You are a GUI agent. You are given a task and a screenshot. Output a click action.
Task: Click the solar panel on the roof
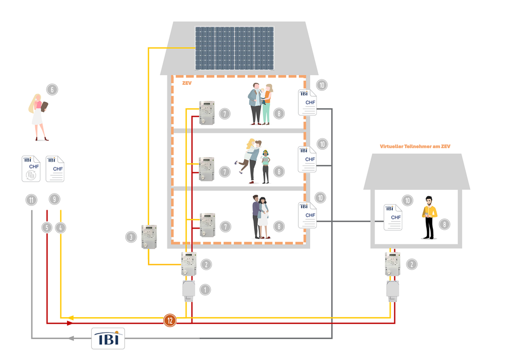point(235,48)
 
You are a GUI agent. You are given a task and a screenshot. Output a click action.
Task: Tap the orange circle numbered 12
point(170,320)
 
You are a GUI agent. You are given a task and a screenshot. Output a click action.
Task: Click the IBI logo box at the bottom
point(109,338)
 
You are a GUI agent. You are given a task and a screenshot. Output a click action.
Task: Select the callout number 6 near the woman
point(52,89)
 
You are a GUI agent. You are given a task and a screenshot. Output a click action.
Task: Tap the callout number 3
point(131,236)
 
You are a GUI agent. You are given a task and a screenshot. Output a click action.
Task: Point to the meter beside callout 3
point(149,237)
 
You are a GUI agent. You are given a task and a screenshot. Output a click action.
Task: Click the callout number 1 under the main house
point(205,289)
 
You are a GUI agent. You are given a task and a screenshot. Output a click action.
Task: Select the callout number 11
point(32,200)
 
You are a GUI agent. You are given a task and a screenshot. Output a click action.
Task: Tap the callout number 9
point(54,199)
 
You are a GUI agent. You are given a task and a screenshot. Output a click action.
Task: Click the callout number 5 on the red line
point(48,228)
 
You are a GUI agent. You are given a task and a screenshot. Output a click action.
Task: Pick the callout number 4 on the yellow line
point(61,228)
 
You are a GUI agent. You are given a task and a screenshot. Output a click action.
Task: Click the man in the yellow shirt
point(429,217)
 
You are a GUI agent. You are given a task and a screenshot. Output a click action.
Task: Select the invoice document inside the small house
point(393,217)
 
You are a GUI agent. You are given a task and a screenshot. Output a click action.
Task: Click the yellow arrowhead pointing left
point(70,317)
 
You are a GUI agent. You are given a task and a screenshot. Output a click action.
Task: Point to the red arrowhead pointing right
point(70,323)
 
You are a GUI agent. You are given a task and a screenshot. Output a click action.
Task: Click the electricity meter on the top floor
point(206,113)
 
